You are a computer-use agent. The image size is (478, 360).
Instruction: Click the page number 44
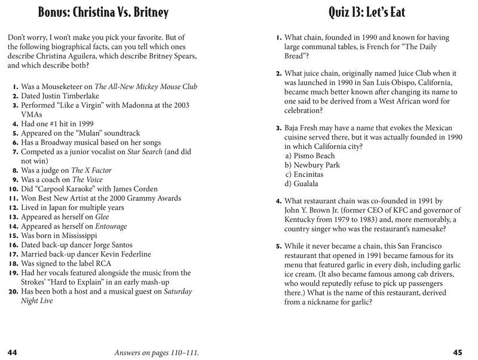tap(13, 352)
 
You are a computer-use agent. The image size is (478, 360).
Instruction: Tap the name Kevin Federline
tap(121, 254)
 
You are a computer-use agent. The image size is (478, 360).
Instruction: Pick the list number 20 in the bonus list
tap(13, 292)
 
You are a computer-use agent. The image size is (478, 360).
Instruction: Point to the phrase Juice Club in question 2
tap(397, 74)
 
